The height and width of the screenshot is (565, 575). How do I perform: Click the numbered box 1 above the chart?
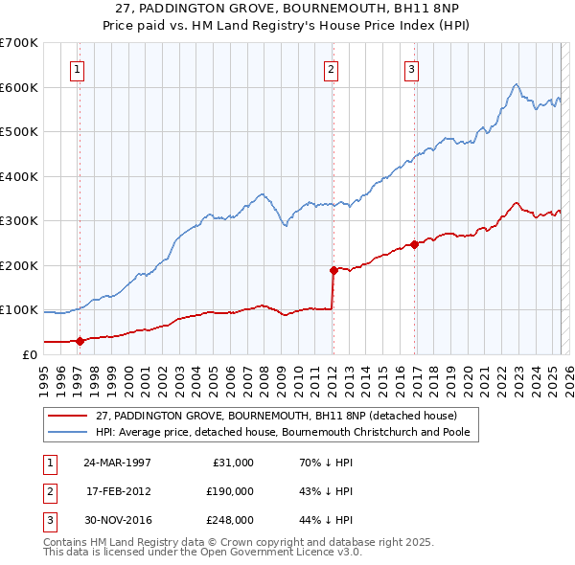pos(76,69)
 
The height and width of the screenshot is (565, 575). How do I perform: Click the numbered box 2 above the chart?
pos(330,69)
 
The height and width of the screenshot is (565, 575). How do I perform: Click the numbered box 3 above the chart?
pos(411,69)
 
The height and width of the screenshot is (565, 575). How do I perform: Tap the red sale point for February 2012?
pos(333,270)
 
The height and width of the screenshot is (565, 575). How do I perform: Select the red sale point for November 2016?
pos(415,244)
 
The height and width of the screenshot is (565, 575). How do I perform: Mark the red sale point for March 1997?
pos(80,340)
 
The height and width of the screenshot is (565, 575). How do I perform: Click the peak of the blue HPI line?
pos(516,84)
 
